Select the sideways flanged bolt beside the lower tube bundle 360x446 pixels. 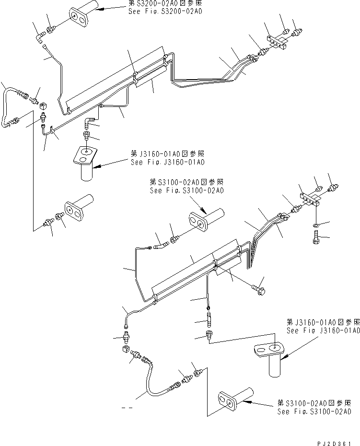coord(260,287)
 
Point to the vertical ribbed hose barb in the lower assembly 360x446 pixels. coord(209,317)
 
